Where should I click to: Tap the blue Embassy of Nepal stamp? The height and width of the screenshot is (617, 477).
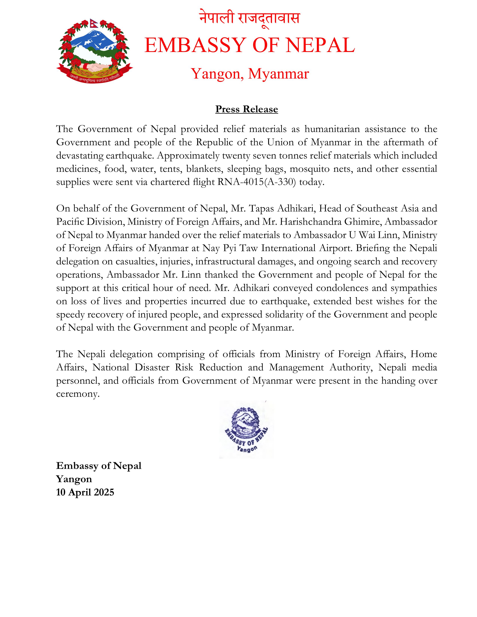coord(246,429)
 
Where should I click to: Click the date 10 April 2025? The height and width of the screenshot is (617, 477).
coord(85,492)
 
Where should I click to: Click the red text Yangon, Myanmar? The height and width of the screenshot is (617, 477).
coord(250,74)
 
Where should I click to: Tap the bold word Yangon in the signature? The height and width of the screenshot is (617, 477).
coord(74,479)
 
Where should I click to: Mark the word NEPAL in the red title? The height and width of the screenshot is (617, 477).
coord(320,45)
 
